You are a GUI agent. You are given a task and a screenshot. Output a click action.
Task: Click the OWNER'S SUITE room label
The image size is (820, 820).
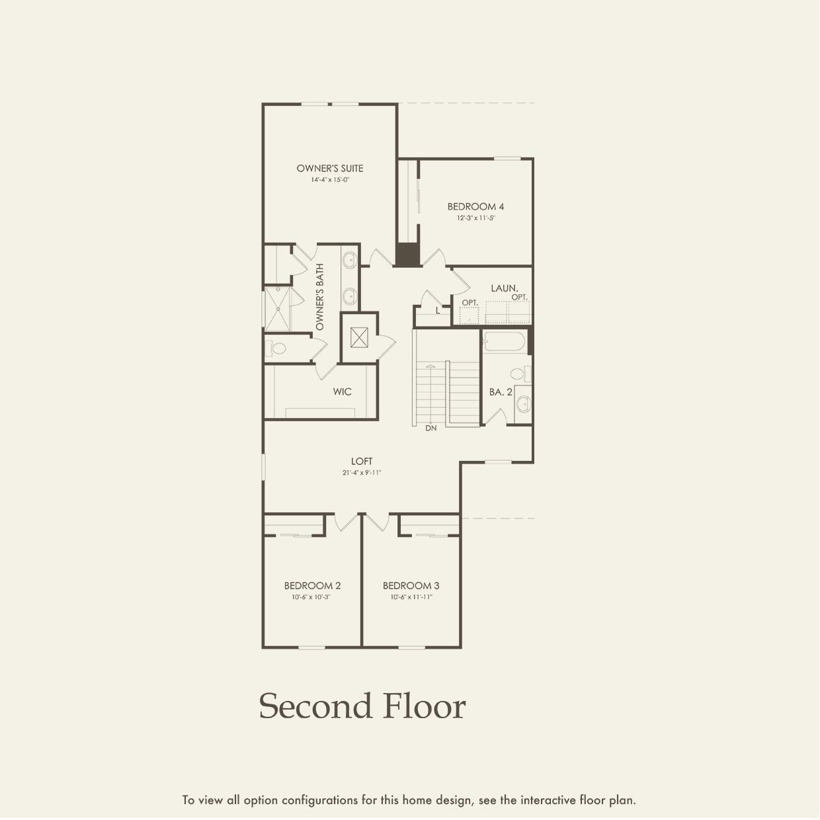click(x=329, y=169)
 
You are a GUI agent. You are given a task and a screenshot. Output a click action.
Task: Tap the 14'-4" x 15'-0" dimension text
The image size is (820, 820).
click(x=329, y=180)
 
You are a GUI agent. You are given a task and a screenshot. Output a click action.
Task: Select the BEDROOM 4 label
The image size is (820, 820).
click(x=475, y=207)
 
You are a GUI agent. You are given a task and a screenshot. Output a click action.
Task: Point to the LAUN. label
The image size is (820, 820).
click(x=504, y=288)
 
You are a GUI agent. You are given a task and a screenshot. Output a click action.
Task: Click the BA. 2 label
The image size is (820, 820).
click(x=501, y=392)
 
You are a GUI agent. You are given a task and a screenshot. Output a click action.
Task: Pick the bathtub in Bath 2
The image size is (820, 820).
click(x=504, y=342)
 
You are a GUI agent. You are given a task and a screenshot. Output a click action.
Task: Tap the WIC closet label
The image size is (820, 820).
click(x=342, y=392)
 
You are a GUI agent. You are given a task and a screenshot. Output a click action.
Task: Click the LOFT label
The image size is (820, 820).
click(x=362, y=461)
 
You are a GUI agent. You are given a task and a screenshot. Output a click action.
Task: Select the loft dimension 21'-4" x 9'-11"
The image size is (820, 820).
click(x=362, y=473)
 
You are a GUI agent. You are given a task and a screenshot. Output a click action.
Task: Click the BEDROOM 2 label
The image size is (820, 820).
click(x=312, y=586)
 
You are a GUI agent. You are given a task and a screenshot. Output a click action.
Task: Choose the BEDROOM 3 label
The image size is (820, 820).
click(x=411, y=586)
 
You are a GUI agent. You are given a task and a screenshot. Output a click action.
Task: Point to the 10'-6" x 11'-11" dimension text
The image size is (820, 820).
click(x=411, y=597)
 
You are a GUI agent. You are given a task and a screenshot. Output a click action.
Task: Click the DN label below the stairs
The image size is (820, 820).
click(x=430, y=429)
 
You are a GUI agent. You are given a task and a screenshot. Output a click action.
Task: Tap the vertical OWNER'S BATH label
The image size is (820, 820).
click(x=320, y=297)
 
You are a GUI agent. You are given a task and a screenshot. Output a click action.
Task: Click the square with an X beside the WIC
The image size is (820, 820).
click(x=359, y=337)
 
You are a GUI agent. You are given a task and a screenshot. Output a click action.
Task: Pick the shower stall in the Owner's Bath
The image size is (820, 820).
click(x=277, y=308)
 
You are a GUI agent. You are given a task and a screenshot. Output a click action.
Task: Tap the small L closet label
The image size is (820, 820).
click(x=438, y=310)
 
